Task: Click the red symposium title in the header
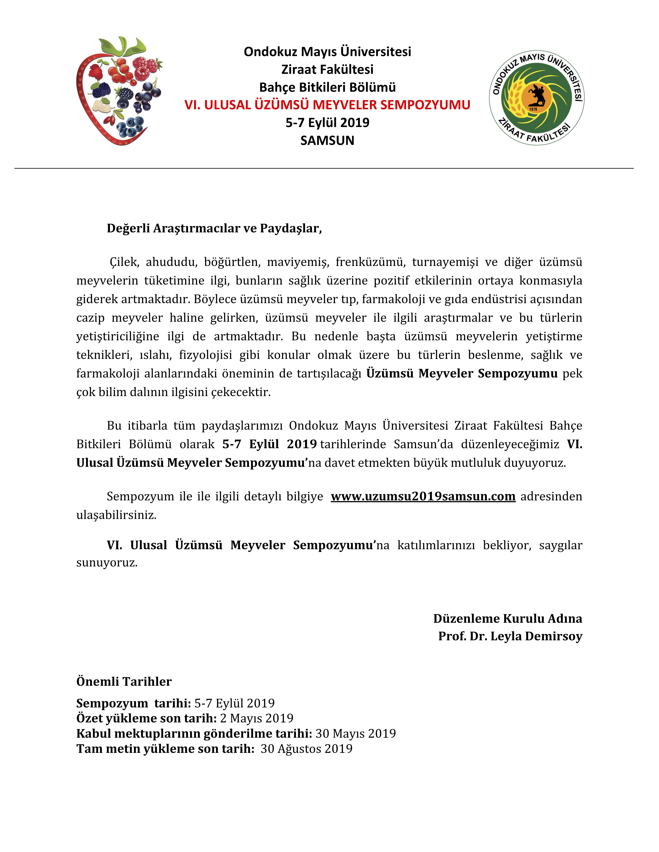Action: click(327, 105)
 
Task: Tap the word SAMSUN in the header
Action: click(327, 140)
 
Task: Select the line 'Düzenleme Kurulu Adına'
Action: click(508, 618)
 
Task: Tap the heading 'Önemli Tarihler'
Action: click(124, 681)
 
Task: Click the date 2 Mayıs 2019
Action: click(256, 718)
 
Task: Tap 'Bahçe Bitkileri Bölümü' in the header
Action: click(327, 87)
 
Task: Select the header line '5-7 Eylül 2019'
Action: click(327, 123)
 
